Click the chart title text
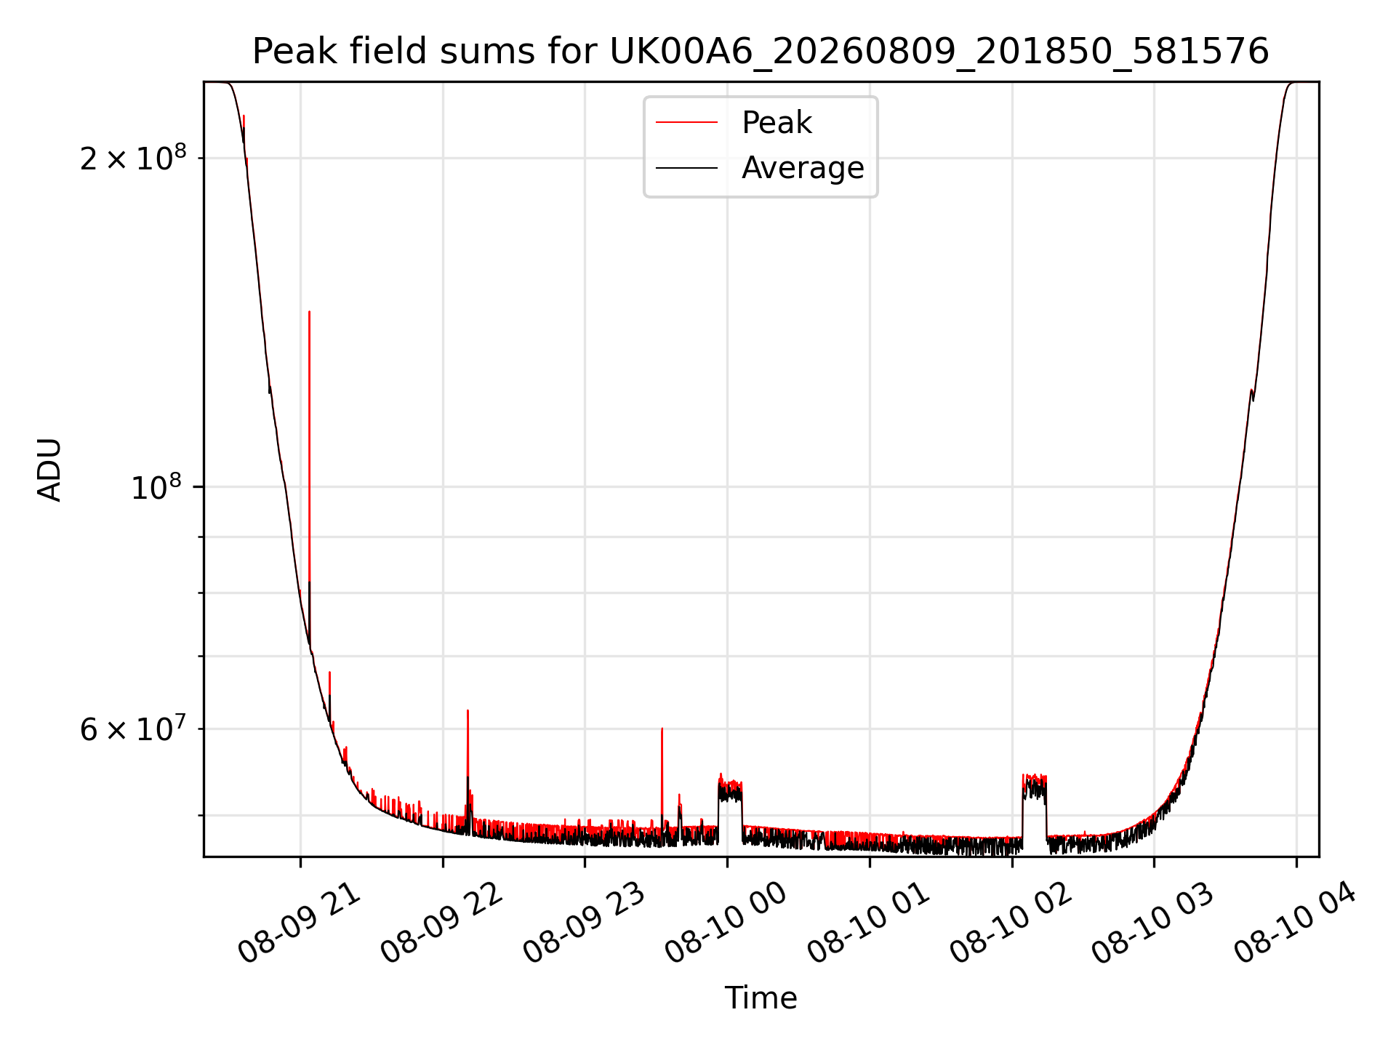pos(761,52)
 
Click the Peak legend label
pos(776,123)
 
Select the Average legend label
pos(803,168)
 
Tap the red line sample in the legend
pos(687,123)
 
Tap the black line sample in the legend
pos(687,168)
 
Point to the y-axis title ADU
pos(49,470)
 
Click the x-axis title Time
pos(761,998)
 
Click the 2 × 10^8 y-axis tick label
pos(133,158)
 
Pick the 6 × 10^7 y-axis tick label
pos(133,729)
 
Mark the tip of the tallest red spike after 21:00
pos(309,312)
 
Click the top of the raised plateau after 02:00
pos(1035,777)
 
